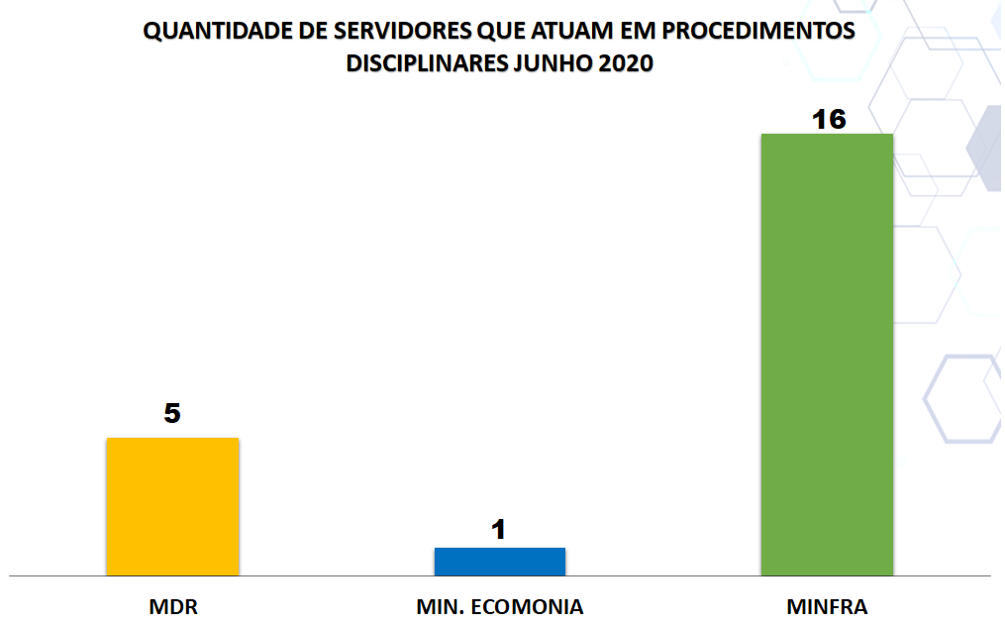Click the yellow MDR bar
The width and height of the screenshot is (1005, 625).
(x=172, y=506)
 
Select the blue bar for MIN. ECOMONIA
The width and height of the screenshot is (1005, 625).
(x=500, y=562)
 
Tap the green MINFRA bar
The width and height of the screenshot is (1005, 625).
(x=827, y=354)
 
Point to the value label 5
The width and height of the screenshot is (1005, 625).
(x=172, y=414)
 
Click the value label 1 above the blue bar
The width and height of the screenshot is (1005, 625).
(x=499, y=530)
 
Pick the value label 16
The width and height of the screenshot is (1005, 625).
(x=829, y=120)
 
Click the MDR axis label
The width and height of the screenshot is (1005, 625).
(x=173, y=606)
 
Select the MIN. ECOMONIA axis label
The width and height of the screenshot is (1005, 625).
(x=500, y=606)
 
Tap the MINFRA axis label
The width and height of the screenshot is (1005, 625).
(x=827, y=606)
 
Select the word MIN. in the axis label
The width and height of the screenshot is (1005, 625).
(x=438, y=606)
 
